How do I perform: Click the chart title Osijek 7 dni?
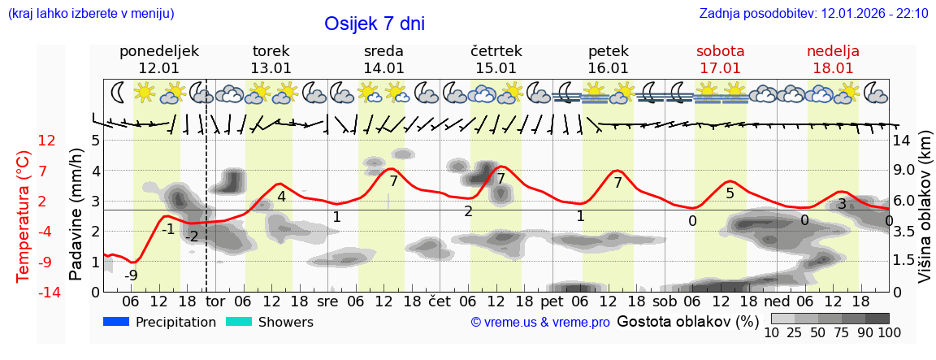(375, 24)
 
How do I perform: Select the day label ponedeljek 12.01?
(158, 59)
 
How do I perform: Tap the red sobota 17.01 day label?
(720, 59)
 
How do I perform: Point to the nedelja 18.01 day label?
(833, 59)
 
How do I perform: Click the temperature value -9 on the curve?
(130, 275)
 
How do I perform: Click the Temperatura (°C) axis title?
(23, 215)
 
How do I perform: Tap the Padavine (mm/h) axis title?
(76, 215)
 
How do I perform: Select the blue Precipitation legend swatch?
(117, 322)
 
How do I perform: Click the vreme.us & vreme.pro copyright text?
(540, 323)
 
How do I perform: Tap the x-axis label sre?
(327, 301)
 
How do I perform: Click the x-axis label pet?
(552, 301)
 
